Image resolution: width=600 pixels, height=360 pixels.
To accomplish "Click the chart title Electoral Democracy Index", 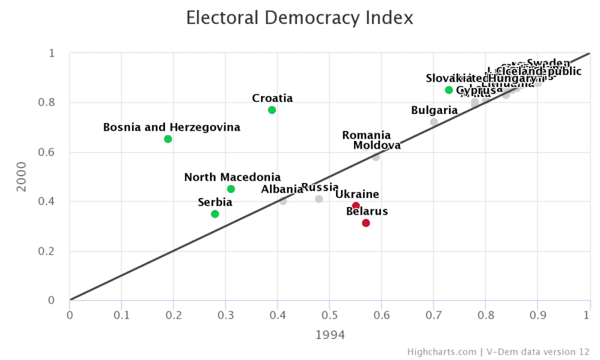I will (299, 18).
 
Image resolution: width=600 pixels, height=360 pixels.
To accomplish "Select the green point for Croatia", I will (272, 110).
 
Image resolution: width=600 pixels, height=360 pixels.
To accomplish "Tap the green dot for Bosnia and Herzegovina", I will (168, 139).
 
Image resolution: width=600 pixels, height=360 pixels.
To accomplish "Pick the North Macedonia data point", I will (231, 189).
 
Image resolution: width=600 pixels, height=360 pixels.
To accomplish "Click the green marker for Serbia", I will (215, 214).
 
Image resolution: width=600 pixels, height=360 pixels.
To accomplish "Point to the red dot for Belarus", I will (366, 223).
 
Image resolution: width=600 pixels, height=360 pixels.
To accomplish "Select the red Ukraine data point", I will (356, 206).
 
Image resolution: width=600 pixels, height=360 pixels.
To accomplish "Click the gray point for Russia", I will (319, 199).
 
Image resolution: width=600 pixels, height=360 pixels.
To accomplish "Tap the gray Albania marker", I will (283, 201).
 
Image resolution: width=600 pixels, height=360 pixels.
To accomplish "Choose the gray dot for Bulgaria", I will (434, 122).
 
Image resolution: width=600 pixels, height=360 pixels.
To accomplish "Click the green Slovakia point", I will (449, 90).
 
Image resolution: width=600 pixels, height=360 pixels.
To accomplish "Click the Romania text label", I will (366, 136).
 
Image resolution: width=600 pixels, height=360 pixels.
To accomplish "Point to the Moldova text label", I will (377, 146).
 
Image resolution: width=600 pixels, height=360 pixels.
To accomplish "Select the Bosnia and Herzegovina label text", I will (172, 127).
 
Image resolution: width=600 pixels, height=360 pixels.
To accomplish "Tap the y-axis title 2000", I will (22, 177).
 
